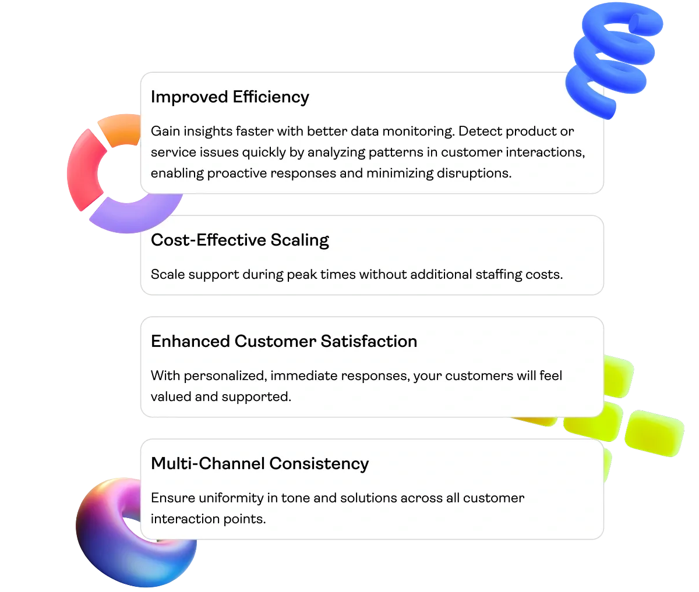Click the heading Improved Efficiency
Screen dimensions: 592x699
click(x=230, y=97)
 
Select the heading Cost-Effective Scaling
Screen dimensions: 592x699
click(x=239, y=240)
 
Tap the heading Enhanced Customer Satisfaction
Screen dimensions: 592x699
click(x=284, y=341)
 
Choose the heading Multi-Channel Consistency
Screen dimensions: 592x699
click(x=259, y=463)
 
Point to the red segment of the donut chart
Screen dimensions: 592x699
click(x=86, y=169)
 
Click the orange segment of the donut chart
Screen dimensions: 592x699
click(x=119, y=128)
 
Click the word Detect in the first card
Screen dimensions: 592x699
click(x=477, y=131)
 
